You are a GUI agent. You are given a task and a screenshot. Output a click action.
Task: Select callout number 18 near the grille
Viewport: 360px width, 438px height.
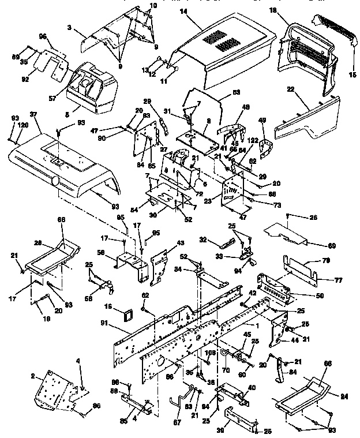288,11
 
